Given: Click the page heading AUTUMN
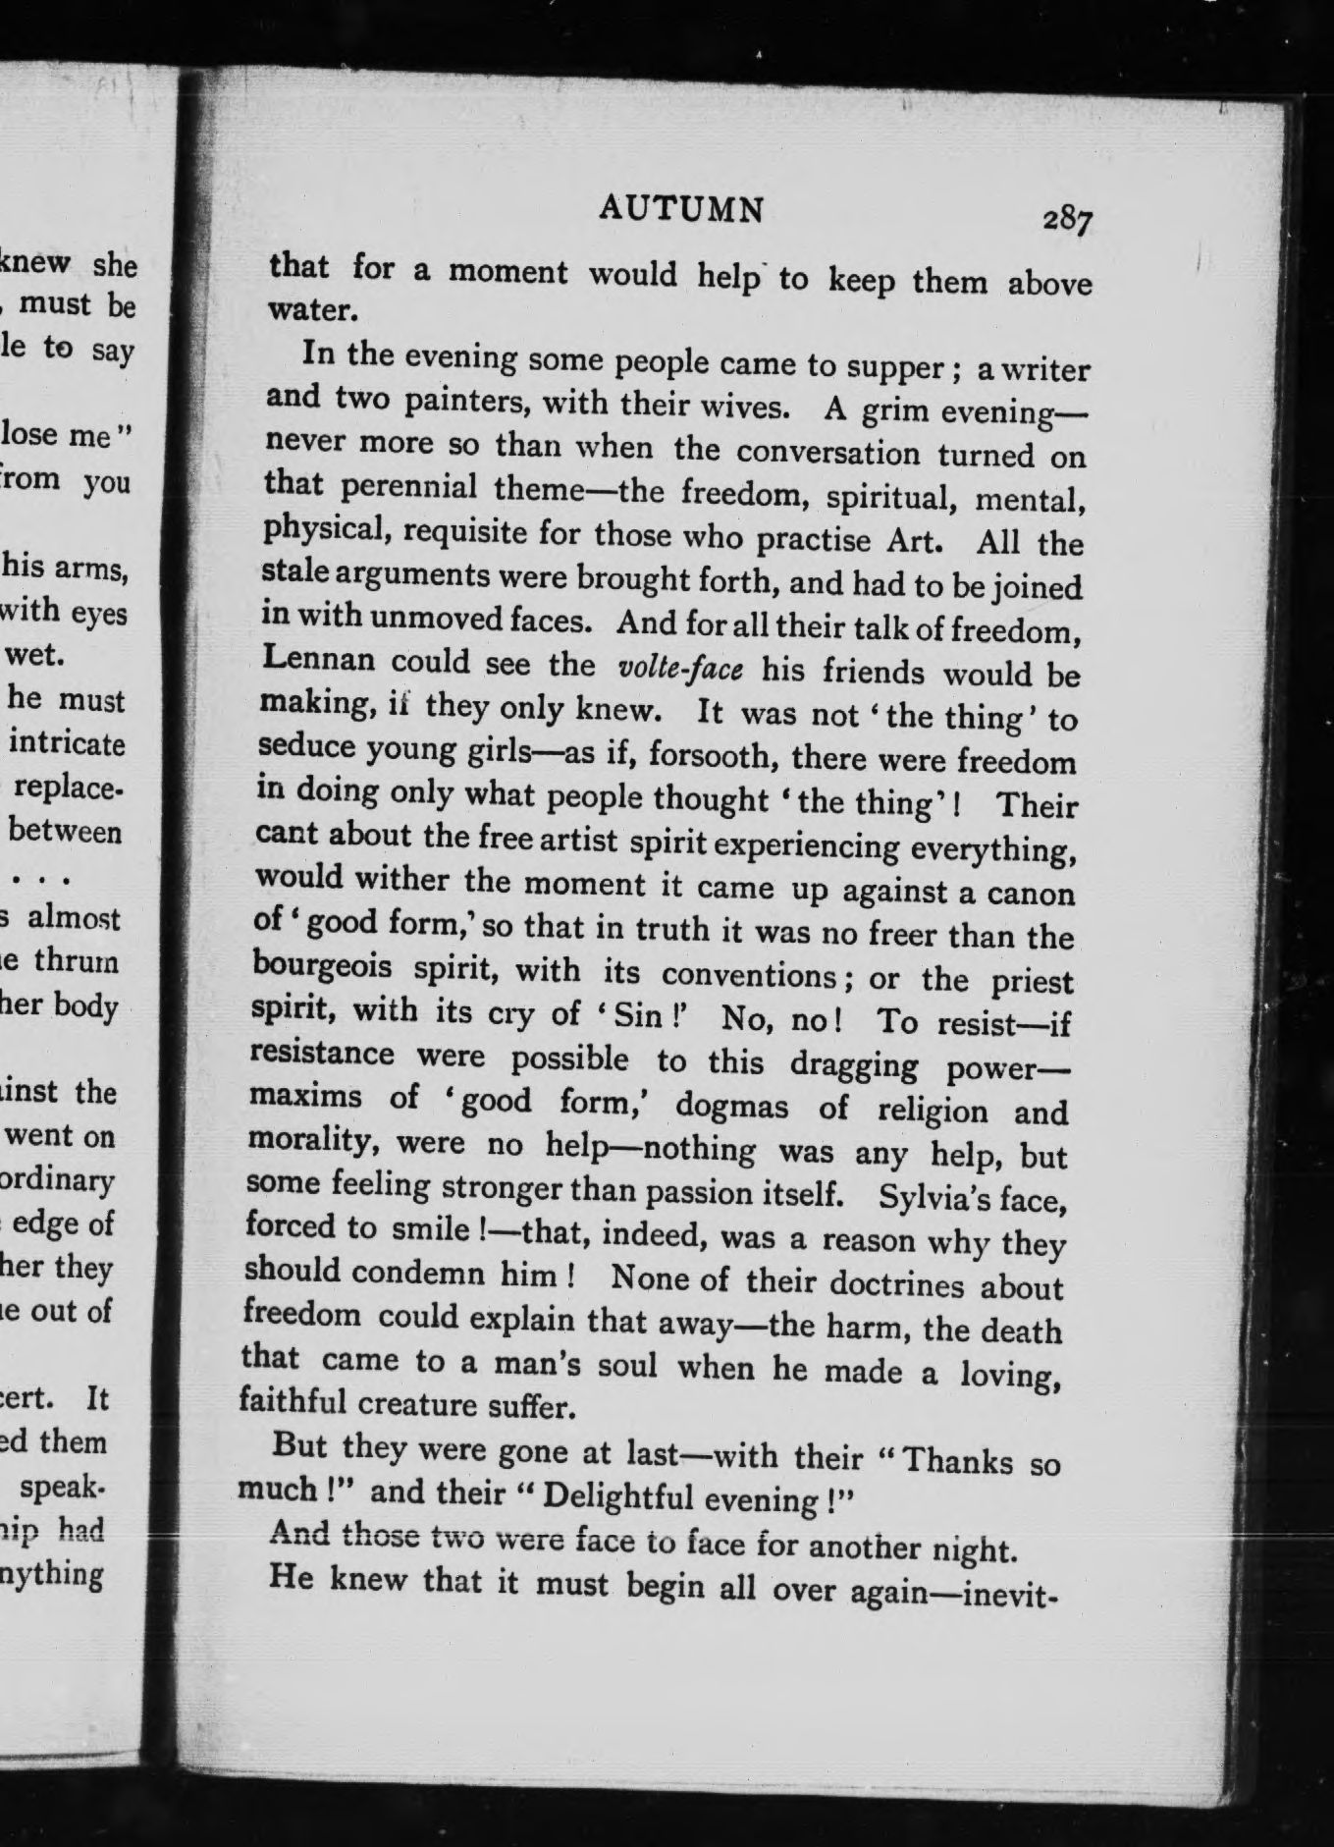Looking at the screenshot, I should (x=681, y=209).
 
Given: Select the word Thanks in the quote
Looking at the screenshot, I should (x=957, y=1460).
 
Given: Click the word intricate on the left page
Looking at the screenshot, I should (x=68, y=743).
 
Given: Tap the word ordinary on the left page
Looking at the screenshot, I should (x=59, y=1179).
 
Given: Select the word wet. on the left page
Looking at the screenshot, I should (x=36, y=656).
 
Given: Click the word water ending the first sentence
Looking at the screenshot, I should (x=308, y=310).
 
